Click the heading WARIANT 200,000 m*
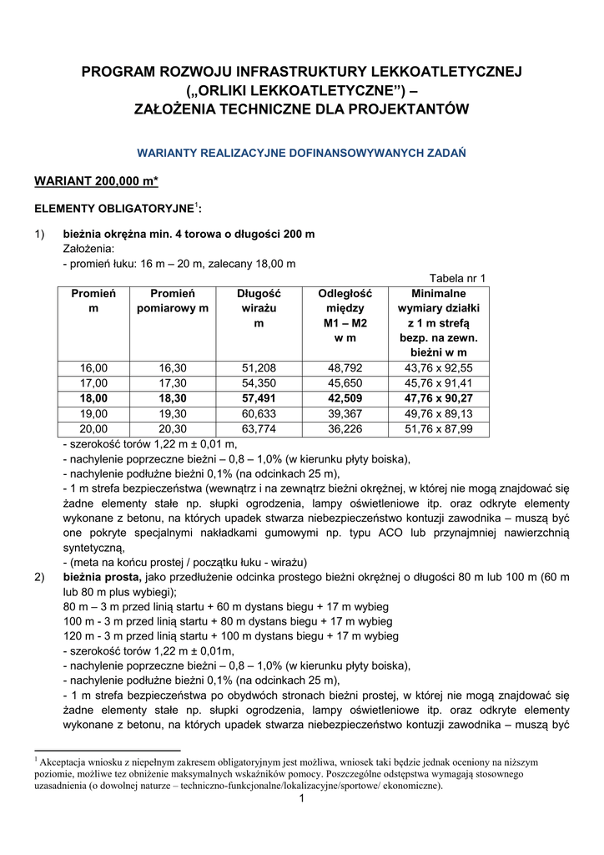click(x=96, y=181)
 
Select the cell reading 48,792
click(x=345, y=368)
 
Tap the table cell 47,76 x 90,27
click(x=438, y=398)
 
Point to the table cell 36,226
click(x=345, y=429)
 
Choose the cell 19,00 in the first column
click(x=93, y=414)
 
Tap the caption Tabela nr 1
click(x=457, y=279)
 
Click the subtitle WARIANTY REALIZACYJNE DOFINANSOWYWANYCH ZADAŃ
click(x=301, y=153)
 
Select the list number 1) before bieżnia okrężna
click(x=40, y=234)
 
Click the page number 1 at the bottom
click(x=302, y=800)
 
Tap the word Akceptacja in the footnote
click(x=63, y=762)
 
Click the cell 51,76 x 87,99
click(x=438, y=429)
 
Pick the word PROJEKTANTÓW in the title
click(x=397, y=109)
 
